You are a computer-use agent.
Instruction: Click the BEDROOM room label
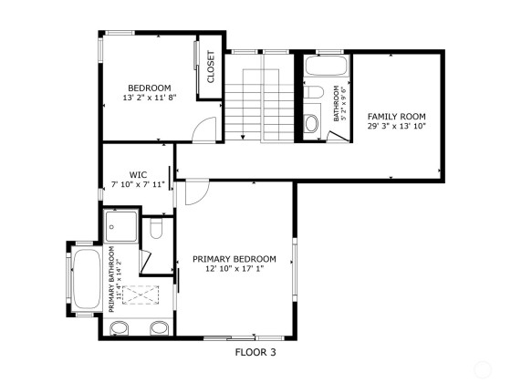point(150,88)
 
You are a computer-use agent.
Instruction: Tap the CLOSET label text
point(211,67)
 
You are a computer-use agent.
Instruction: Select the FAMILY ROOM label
point(397,117)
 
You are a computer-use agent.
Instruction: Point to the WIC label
point(138,175)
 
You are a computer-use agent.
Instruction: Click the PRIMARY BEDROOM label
point(235,259)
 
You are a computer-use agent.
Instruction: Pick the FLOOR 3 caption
point(255,352)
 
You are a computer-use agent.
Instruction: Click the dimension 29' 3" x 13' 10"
point(397,126)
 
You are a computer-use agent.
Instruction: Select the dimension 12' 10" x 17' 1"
point(235,269)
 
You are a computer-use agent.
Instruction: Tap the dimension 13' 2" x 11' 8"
point(150,98)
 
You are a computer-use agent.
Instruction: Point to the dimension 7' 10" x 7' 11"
point(138,184)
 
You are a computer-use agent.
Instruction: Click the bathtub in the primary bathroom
point(87,279)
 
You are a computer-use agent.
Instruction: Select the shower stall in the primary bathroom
point(120,226)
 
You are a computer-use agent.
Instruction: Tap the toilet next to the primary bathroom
point(156,228)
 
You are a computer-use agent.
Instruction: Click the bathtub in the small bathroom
point(327,66)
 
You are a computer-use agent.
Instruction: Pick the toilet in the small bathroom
point(314,91)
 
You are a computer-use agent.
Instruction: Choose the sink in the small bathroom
point(311,123)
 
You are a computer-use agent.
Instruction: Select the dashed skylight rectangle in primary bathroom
point(141,295)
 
